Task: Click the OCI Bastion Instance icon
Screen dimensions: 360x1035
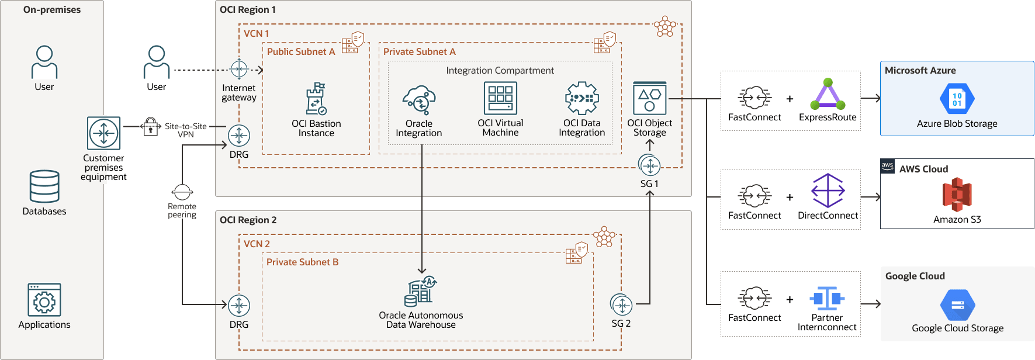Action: pos(316,99)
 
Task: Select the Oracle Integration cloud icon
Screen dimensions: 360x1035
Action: pos(419,100)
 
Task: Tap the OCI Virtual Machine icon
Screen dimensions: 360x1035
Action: pos(500,98)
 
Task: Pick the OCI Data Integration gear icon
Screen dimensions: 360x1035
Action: pos(582,98)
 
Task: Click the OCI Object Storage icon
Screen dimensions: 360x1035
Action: pos(650,98)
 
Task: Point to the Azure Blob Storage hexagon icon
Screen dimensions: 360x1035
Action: pos(957,99)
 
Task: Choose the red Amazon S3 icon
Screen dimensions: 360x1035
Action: pos(957,195)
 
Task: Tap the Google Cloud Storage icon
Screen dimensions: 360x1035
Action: pos(957,304)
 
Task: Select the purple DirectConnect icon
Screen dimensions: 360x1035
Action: pos(828,191)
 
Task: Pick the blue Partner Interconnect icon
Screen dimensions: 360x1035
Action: pos(827,299)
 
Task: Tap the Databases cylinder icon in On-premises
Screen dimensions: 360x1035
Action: pos(44,186)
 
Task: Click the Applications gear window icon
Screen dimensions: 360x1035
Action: pos(44,300)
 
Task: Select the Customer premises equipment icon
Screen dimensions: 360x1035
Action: pos(103,133)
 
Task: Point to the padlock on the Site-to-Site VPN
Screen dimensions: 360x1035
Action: pos(150,126)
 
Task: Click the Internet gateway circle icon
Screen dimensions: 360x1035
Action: pos(239,70)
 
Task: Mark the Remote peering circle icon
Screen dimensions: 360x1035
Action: pos(182,192)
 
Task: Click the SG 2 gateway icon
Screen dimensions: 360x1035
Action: pos(621,305)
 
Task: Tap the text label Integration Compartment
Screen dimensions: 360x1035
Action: pos(500,71)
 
